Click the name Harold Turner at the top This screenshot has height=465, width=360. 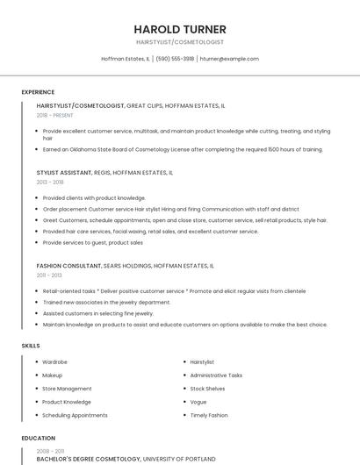180,29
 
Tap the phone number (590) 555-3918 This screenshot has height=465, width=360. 176,59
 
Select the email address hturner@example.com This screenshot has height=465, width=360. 229,59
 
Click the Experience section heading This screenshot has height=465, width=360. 38,92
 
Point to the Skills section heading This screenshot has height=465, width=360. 31,346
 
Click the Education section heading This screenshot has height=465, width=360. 38,438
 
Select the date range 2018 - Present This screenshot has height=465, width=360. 54,115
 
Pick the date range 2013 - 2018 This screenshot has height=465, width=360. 50,182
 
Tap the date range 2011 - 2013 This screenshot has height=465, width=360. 49,275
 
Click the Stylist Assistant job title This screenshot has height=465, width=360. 64,173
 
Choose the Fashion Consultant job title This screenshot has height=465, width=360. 68,265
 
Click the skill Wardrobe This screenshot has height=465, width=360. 55,361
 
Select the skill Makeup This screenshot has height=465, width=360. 53,375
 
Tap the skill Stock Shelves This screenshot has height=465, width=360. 207,388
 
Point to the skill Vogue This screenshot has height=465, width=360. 198,402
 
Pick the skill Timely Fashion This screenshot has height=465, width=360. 208,415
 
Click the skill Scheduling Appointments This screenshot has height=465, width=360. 75,415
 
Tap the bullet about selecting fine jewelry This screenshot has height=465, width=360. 97,313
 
